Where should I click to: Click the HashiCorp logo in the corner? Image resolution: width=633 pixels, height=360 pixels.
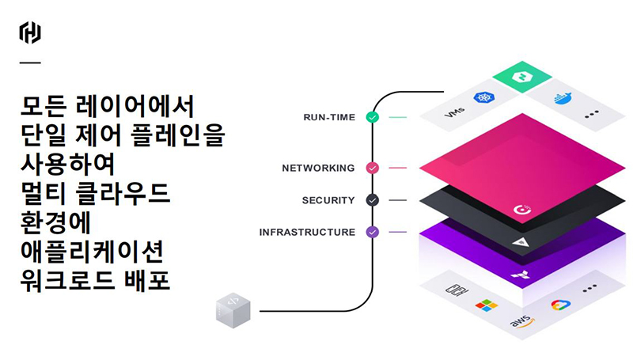30,32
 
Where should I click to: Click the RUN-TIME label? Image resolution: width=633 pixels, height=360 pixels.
329,117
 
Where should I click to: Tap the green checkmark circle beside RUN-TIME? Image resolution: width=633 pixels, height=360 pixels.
372,117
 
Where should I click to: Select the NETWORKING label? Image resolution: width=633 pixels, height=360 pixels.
318,168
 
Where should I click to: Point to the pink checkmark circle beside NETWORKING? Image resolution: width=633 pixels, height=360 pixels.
372,168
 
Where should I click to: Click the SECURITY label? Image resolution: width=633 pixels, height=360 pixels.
328,200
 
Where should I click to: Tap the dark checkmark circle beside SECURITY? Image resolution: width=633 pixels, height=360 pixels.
372,200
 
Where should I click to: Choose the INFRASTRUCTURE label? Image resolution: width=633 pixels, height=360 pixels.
307,232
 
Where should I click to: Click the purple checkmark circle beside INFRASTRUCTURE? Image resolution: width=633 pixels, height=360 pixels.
372,232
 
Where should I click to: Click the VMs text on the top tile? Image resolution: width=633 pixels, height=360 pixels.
454,115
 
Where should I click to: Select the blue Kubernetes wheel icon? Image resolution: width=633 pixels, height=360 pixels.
483,98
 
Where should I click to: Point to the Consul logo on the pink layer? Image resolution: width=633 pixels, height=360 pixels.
521,210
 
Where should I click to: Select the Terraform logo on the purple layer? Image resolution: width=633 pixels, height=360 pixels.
521,275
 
